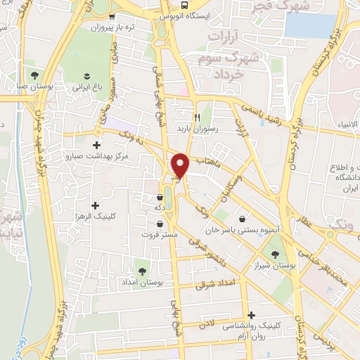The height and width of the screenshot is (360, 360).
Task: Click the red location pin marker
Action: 181,165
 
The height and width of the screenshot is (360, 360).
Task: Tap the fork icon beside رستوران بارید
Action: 198,117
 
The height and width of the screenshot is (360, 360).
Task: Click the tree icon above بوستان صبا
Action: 34,75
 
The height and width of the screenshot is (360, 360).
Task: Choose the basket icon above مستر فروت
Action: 161,224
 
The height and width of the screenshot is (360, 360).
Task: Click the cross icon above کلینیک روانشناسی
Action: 251,315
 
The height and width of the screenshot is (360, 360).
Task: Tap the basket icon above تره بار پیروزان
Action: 112,17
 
